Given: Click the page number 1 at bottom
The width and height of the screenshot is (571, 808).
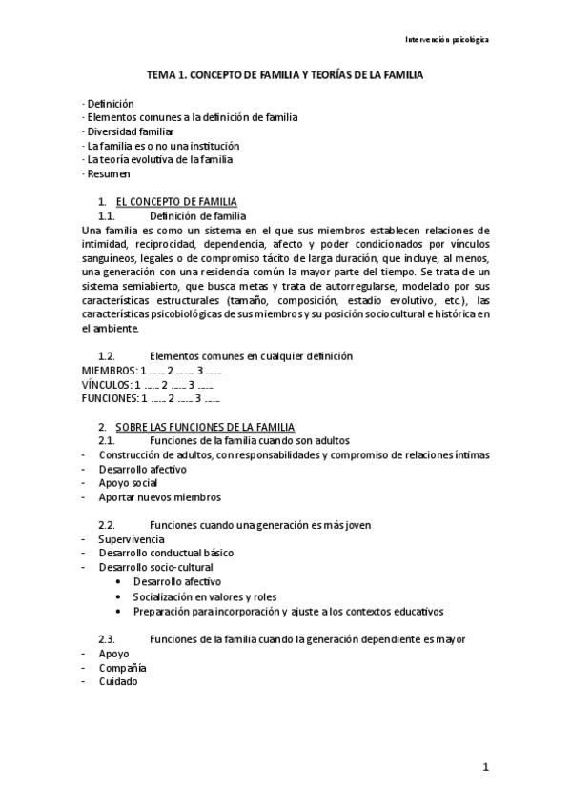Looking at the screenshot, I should tap(484, 766).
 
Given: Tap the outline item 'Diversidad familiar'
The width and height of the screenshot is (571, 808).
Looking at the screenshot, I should tap(130, 131).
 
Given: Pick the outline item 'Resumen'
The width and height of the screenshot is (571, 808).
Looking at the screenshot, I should tap(107, 174).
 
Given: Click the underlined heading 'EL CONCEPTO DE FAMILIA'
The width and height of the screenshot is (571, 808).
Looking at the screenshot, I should tap(176, 202).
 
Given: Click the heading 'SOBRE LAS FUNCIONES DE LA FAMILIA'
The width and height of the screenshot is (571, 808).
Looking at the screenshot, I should tap(205, 427).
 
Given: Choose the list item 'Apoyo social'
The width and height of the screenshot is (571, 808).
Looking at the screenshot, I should tap(129, 483).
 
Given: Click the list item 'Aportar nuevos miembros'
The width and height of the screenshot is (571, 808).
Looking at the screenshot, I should tap(159, 497).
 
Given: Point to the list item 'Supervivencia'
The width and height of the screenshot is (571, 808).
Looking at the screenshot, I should tap(131, 539).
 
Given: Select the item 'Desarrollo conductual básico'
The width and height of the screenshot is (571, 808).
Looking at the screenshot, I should tap(166, 554).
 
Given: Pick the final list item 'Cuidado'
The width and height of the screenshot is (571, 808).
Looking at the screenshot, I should tap(117, 681).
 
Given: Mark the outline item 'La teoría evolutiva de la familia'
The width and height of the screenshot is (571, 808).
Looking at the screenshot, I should tap(159, 160).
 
